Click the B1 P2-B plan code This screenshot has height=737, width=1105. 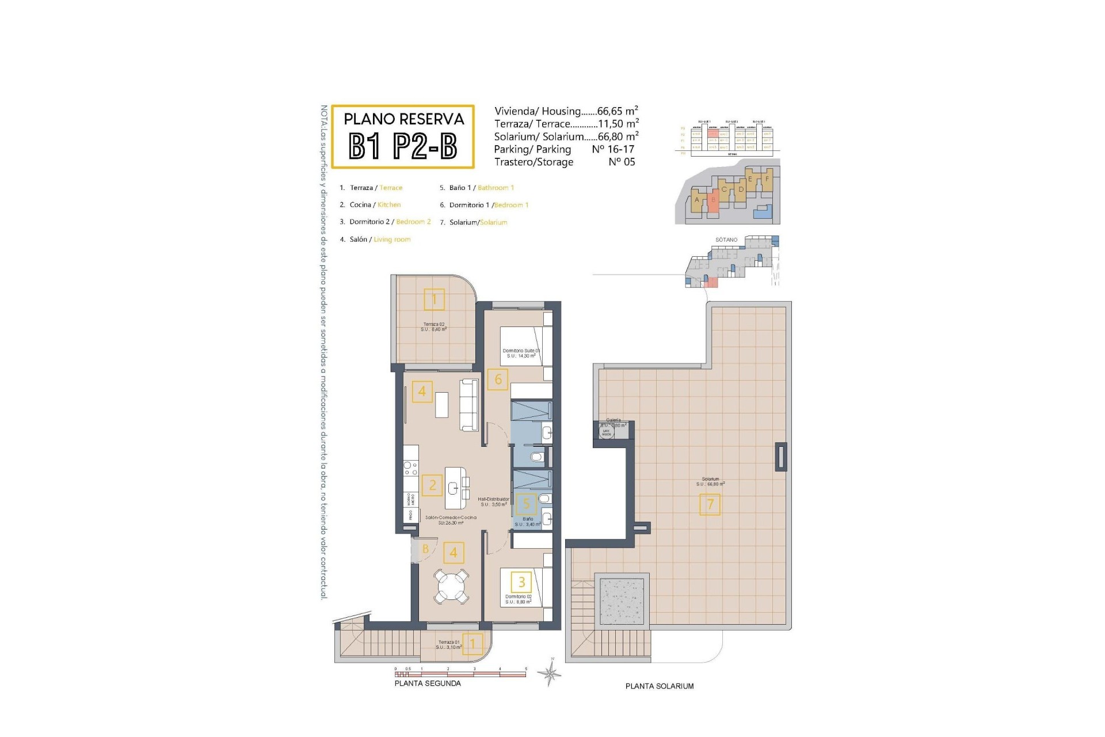tap(403, 146)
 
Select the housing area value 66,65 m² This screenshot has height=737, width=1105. tap(618, 111)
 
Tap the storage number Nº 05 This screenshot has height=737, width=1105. tap(622, 162)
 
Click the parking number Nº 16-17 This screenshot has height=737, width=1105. tap(613, 150)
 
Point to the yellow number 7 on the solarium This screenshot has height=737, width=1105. tap(710, 504)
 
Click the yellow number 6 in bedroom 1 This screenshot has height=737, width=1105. tap(498, 379)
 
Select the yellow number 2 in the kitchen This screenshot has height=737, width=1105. tap(432, 485)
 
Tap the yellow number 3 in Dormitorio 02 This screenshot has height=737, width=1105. tap(521, 582)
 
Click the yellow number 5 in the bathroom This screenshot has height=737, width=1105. tap(525, 504)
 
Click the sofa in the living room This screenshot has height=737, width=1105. tap(469, 405)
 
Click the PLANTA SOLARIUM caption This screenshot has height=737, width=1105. tap(660, 686)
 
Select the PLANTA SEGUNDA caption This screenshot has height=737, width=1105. tap(428, 683)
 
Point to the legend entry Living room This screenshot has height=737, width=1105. tap(392, 240)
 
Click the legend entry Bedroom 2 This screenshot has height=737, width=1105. tap(413, 222)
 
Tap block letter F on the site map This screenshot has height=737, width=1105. tap(767, 179)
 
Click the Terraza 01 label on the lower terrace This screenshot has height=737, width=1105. tap(449, 643)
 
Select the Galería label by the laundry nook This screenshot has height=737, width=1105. tap(614, 420)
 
